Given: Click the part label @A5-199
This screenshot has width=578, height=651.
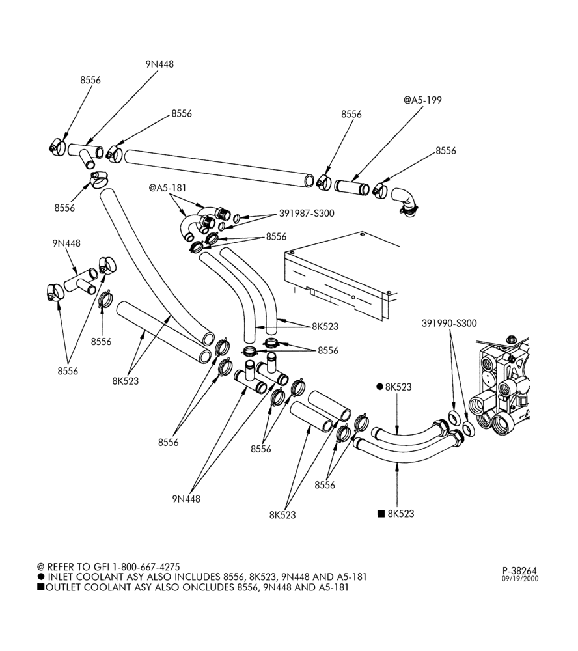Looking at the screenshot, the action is tap(422, 100).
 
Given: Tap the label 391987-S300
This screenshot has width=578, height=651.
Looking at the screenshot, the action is tap(307, 214).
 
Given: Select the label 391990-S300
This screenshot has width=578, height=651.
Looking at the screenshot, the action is tap(449, 323).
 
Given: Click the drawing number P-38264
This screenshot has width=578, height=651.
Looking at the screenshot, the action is tap(520, 572).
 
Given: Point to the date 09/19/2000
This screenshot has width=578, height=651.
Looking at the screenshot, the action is tap(520, 579).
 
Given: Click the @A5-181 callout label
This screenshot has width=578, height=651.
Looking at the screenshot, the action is tap(167, 188).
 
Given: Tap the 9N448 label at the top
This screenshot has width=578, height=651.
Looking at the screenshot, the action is tap(159, 64).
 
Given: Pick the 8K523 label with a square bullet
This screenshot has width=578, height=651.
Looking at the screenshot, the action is tap(396, 514).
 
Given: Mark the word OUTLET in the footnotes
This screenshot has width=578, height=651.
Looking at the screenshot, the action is tap(60, 587).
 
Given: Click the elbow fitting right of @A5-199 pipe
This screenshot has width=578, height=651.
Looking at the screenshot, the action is tap(406, 201).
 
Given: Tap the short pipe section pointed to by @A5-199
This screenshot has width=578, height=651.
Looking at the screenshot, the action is tap(351, 187).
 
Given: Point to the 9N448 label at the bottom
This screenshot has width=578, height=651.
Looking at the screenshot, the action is tap(186, 499).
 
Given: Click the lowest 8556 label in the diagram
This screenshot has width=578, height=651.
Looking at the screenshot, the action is tap(325, 485).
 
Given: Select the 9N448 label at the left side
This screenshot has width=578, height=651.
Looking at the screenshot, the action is tap(66, 243).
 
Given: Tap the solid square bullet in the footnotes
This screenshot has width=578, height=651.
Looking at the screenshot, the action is tap(40, 587).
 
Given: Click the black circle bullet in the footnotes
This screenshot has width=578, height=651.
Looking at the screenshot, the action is tap(41, 577).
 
